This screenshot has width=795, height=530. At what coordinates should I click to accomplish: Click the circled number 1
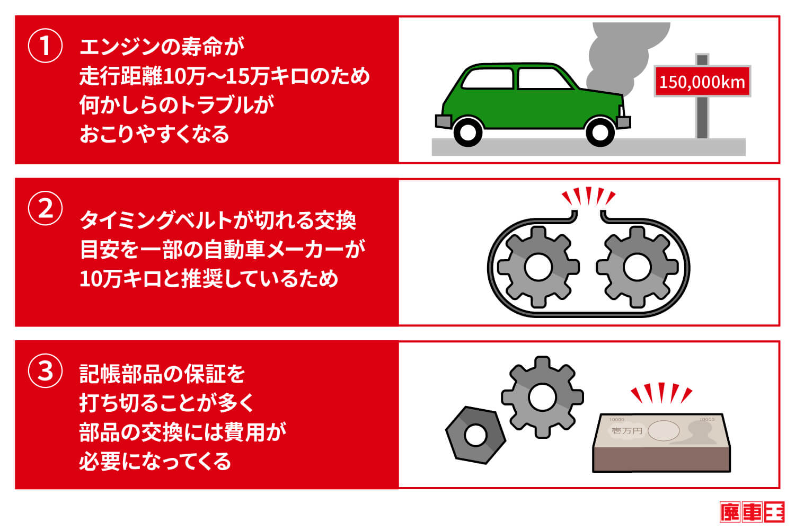pyautogui.click(x=45, y=46)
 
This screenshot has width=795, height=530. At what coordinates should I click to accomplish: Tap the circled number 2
pyautogui.click(x=45, y=208)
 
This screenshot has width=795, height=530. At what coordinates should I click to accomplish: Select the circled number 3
pyautogui.click(x=45, y=370)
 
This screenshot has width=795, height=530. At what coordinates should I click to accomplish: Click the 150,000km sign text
pyautogui.click(x=702, y=82)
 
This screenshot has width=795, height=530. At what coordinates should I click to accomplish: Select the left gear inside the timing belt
pyautogui.click(x=538, y=267)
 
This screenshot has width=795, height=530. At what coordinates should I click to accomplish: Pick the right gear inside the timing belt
pyautogui.click(x=637, y=267)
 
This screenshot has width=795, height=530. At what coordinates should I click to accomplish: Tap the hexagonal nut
pyautogui.click(x=475, y=435)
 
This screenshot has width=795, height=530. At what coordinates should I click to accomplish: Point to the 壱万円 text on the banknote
pyautogui.click(x=626, y=431)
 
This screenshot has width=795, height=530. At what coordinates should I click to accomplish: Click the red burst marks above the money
pyautogui.click(x=661, y=393)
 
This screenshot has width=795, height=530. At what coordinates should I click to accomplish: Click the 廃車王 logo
pyautogui.click(x=752, y=512)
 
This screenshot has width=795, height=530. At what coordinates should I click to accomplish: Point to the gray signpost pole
pyautogui.click(x=702, y=119)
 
